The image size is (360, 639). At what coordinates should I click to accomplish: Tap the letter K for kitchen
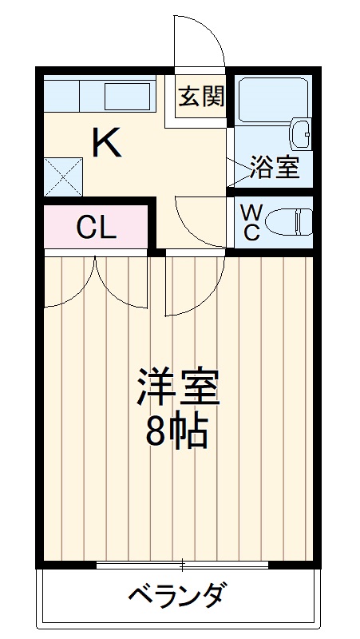[x=106, y=143]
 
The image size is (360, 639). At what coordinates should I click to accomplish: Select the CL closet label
[x=97, y=228]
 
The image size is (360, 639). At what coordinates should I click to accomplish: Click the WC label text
[x=251, y=223]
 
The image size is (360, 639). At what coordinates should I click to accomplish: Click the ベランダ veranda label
[x=176, y=595]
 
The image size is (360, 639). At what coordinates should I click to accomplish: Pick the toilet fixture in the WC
[x=289, y=222]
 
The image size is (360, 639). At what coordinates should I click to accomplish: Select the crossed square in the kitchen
[x=62, y=176]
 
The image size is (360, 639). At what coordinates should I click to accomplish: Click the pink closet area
[x=96, y=228]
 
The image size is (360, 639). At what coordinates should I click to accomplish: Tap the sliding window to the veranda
[x=182, y=566]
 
